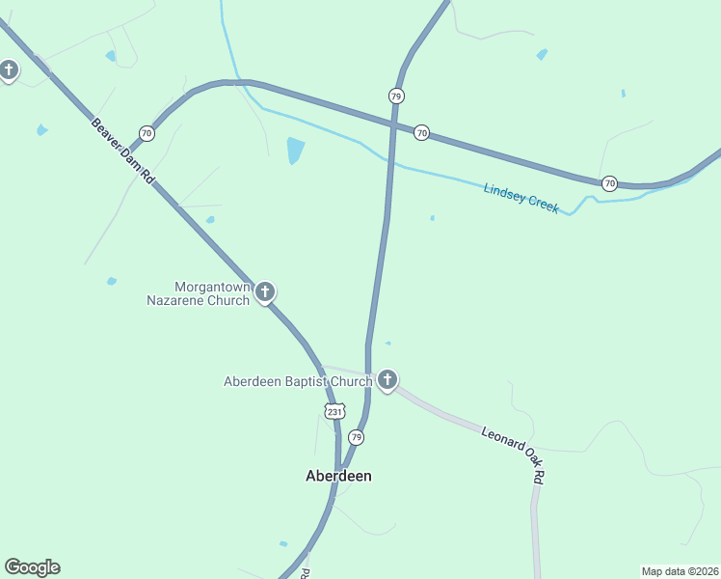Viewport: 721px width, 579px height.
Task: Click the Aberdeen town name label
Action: pos(338,476)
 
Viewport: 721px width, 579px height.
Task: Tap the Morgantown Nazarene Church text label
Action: pos(198,293)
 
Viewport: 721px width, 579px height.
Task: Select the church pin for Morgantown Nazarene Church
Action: pos(265,290)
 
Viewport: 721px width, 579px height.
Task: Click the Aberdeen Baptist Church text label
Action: pos(298,381)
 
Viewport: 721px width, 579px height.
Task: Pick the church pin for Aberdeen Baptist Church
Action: pos(387,379)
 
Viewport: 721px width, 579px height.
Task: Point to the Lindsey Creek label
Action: pos(521,199)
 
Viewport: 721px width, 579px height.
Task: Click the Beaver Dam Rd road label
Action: pos(123,152)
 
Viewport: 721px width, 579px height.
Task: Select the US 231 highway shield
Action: pos(334,411)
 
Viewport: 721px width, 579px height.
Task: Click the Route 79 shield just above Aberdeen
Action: pos(357,437)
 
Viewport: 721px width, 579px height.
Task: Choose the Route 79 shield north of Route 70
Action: pos(396,96)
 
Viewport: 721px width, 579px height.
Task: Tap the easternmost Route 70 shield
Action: pos(609,182)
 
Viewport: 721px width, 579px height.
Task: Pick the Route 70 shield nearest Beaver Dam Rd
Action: pos(146,132)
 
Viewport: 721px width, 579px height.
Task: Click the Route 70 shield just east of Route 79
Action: pos(421,132)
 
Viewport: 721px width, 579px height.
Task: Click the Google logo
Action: pos(32,567)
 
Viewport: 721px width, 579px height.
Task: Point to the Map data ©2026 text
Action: pos(680,571)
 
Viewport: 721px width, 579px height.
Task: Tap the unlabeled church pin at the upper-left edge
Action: pos(9,69)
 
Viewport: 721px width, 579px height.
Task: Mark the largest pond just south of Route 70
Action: pos(295,150)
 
